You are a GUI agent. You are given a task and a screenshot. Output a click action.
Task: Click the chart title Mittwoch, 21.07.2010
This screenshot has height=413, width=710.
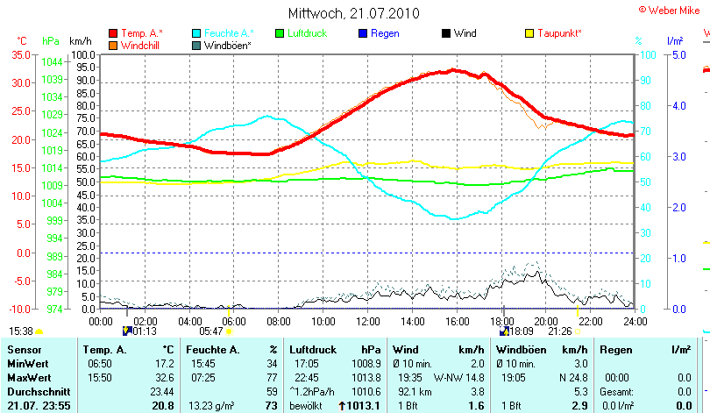tap(353, 13)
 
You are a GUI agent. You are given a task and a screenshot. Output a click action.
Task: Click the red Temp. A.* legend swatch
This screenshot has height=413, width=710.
tap(113, 33)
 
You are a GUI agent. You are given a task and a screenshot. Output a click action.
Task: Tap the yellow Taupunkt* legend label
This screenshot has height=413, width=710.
tap(562, 33)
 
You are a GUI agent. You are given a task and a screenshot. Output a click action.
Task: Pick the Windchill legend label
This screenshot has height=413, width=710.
tap(140, 45)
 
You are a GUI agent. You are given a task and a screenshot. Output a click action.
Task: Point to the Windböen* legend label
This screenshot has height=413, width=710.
tap(227, 45)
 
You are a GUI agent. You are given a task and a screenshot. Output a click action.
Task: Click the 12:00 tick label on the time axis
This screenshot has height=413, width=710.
tap(367, 321)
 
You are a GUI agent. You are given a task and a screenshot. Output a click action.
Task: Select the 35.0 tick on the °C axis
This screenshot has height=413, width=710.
tap(18, 54)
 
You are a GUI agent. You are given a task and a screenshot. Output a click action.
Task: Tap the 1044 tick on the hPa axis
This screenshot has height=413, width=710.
tap(52, 62)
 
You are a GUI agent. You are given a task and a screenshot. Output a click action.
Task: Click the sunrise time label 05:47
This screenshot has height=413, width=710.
tap(211, 331)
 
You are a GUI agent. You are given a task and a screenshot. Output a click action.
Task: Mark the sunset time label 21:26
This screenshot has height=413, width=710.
tap(560, 331)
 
